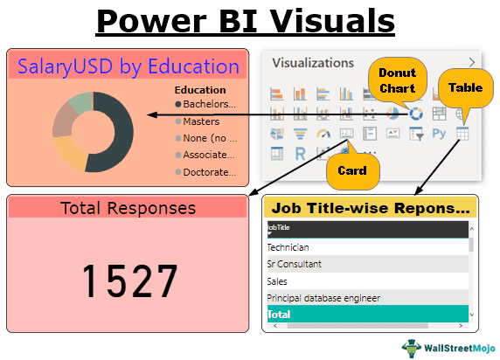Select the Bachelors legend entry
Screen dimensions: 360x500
pos(206,104)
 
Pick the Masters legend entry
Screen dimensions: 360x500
pos(201,121)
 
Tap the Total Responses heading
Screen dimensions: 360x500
pos(128,208)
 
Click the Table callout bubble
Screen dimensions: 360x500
pos(464,88)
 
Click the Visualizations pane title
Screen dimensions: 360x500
pos(312,63)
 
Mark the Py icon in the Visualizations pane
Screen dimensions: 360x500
pos(440,134)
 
